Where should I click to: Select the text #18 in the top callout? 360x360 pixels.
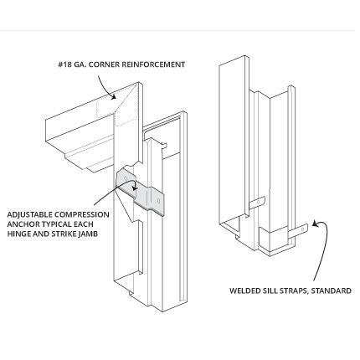(x=64, y=64)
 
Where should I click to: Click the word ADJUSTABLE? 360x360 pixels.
(x=29, y=214)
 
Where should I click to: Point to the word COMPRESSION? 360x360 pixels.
(x=82, y=214)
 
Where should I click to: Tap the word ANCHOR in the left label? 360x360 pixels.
(x=21, y=224)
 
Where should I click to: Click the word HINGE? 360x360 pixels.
(x=18, y=234)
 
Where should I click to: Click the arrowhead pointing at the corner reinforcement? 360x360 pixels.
(x=113, y=96)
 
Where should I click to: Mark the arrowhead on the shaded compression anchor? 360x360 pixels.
(x=135, y=188)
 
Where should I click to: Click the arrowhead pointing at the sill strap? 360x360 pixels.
(x=315, y=224)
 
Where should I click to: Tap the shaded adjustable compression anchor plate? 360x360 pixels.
(x=140, y=192)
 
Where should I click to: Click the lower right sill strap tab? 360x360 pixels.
(x=298, y=230)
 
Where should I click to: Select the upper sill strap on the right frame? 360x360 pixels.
(x=257, y=203)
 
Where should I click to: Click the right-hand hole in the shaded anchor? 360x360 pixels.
(x=158, y=201)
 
